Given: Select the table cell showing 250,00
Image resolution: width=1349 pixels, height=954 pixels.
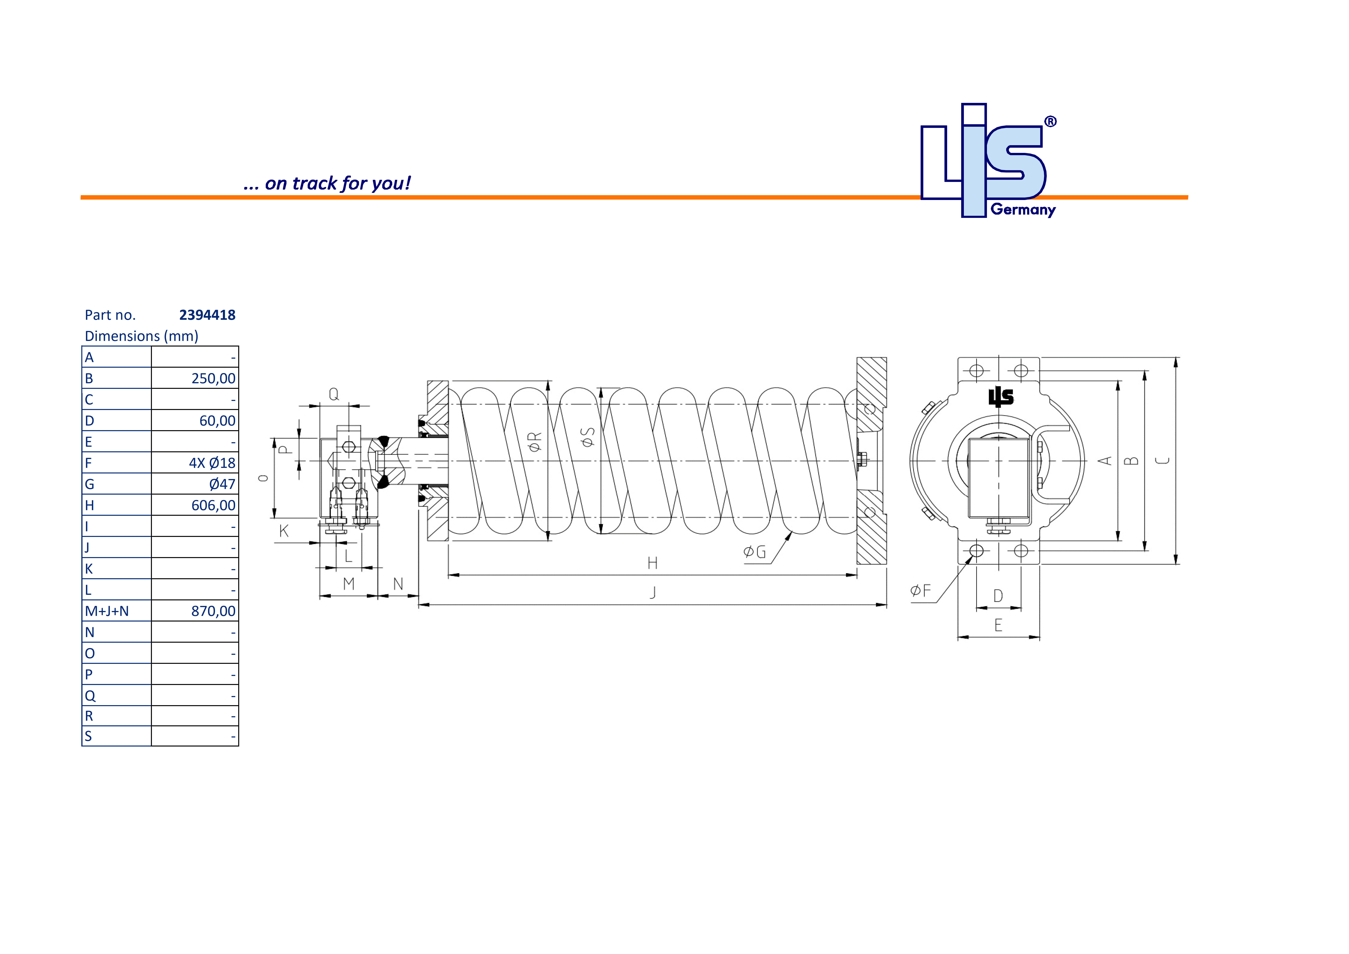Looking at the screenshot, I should [213, 379].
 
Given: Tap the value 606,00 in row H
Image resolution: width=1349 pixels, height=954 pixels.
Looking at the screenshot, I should [213, 506].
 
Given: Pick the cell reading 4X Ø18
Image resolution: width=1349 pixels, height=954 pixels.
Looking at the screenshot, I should [212, 463].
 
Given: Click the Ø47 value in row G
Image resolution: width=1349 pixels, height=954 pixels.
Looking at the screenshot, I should [222, 484].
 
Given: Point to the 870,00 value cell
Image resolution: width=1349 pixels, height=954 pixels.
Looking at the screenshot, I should [213, 611].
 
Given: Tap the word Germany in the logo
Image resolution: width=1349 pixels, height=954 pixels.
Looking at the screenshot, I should [1023, 210].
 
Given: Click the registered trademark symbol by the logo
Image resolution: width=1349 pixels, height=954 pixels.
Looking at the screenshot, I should [1050, 122].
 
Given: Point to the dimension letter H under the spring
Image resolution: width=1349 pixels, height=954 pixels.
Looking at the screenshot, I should [652, 563].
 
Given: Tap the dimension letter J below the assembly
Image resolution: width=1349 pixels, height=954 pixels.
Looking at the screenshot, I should [653, 592].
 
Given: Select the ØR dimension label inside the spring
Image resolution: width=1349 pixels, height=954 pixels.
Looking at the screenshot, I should [535, 442].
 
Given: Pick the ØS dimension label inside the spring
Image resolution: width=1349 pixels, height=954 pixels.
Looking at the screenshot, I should [588, 436].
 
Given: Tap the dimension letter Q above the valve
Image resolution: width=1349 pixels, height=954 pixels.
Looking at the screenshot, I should [334, 394].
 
